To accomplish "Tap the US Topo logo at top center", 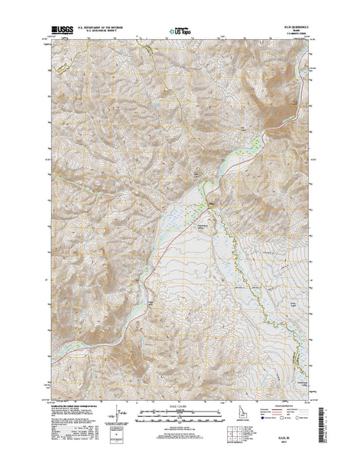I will coord(180,32).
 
